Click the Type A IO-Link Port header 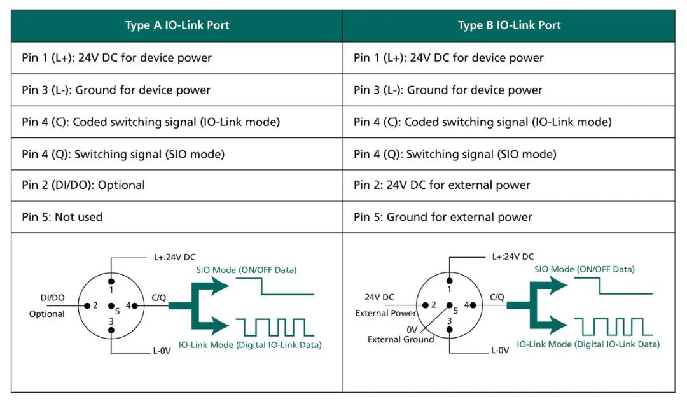point(177,25)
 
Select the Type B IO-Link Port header point(509,25)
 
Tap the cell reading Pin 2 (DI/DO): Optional point(83,185)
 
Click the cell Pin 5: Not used point(62,217)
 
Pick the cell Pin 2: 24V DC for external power point(441,185)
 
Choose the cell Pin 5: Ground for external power point(443,217)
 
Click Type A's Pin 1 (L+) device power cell point(116,58)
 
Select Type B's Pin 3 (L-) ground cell point(448,90)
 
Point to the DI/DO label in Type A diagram point(52,298)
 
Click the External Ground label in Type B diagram point(401,339)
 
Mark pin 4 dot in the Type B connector point(474,305)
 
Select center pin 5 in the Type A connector point(111,306)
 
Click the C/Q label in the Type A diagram point(158,297)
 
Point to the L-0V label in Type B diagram point(499,351)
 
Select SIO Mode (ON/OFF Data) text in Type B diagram point(584,269)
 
